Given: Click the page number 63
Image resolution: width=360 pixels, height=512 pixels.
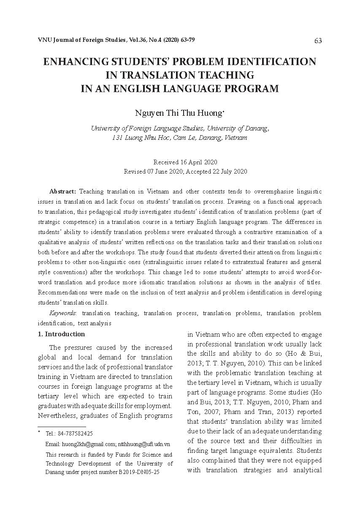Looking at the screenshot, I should tap(318, 41).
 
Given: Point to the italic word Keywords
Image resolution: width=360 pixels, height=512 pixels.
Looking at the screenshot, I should tap(62, 313).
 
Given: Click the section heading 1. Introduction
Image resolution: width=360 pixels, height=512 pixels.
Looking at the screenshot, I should tap(61, 334).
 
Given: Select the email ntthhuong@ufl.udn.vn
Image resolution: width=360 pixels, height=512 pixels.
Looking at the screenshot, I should tap(144, 444).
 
